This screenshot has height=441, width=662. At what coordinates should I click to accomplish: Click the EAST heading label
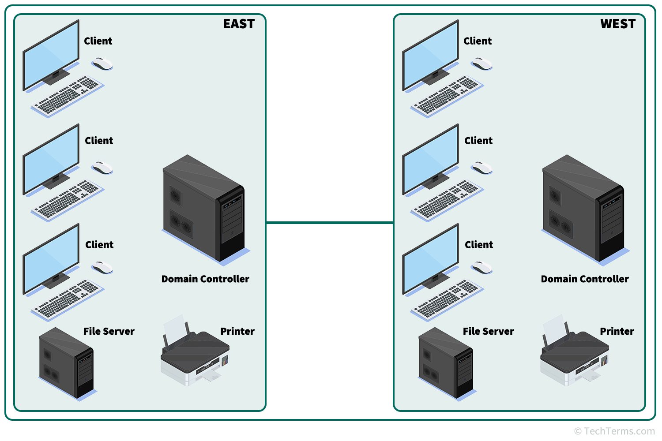click(239, 24)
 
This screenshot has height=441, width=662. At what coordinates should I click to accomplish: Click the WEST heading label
click(618, 24)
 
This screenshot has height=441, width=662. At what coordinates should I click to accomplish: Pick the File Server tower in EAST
click(67, 364)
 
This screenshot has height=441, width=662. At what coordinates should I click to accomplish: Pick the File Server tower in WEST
click(446, 364)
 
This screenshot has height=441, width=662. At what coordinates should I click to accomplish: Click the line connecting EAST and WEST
click(329, 223)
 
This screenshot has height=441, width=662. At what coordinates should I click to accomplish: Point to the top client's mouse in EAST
click(102, 64)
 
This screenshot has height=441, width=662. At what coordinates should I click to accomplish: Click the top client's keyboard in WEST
click(447, 96)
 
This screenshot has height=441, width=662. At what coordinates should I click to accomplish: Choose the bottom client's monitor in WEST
click(431, 260)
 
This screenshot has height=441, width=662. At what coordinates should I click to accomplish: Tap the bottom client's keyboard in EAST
click(67, 299)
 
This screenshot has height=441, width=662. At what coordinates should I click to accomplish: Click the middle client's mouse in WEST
click(482, 168)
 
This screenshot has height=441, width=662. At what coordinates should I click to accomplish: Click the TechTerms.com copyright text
click(614, 431)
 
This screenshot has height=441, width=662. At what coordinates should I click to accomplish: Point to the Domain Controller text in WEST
click(585, 279)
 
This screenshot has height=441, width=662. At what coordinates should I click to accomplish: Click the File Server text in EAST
click(109, 331)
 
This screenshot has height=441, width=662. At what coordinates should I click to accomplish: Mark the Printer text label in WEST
click(617, 331)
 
